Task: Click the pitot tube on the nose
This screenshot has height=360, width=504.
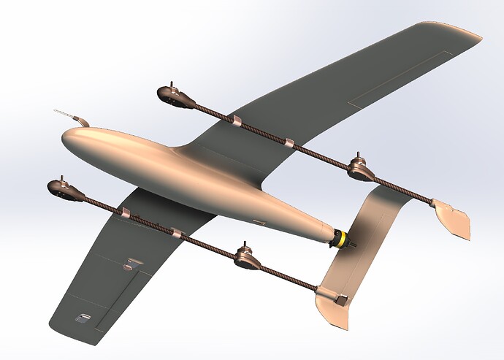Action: click(66, 114)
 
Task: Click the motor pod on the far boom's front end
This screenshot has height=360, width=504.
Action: click(172, 95)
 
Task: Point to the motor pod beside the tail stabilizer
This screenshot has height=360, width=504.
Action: click(359, 169)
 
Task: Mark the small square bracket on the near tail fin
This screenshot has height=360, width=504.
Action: click(340, 298)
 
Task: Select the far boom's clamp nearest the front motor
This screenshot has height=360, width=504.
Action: click(236, 120)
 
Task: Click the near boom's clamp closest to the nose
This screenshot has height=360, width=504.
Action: click(125, 212)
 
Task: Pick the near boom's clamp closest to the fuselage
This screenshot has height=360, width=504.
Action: click(176, 233)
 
